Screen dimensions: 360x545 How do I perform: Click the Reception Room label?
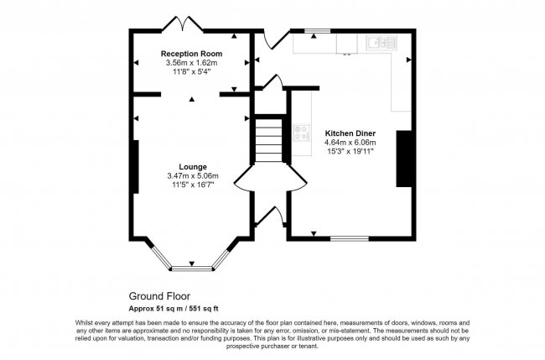pyautogui.click(x=191, y=54)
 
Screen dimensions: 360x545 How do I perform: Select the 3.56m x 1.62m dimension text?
pyautogui.click(x=191, y=63)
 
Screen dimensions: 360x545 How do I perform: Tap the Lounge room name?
pyautogui.click(x=192, y=166)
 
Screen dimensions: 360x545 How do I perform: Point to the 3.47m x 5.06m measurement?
pyautogui.click(x=191, y=175)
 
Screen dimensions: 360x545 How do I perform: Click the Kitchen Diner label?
pyautogui.click(x=350, y=133)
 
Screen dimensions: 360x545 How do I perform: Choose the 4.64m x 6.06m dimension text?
pyautogui.click(x=350, y=143)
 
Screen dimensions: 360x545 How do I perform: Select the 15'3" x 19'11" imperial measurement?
pyautogui.click(x=350, y=152)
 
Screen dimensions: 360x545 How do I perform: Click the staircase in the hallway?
pyautogui.click(x=269, y=140)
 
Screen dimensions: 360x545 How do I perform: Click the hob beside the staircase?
pyautogui.click(x=299, y=133)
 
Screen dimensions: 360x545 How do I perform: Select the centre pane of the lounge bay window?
pyautogui.click(x=192, y=268)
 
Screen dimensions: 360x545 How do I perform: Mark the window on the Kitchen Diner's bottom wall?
pyautogui.click(x=350, y=238)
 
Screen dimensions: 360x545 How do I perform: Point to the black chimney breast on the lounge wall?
pyautogui.click(x=133, y=167)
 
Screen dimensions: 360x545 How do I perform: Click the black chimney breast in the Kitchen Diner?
pyautogui.click(x=404, y=158)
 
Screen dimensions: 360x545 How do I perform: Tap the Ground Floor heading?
pyautogui.click(x=159, y=296)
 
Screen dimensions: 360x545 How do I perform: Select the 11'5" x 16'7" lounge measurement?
pyautogui.click(x=191, y=185)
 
